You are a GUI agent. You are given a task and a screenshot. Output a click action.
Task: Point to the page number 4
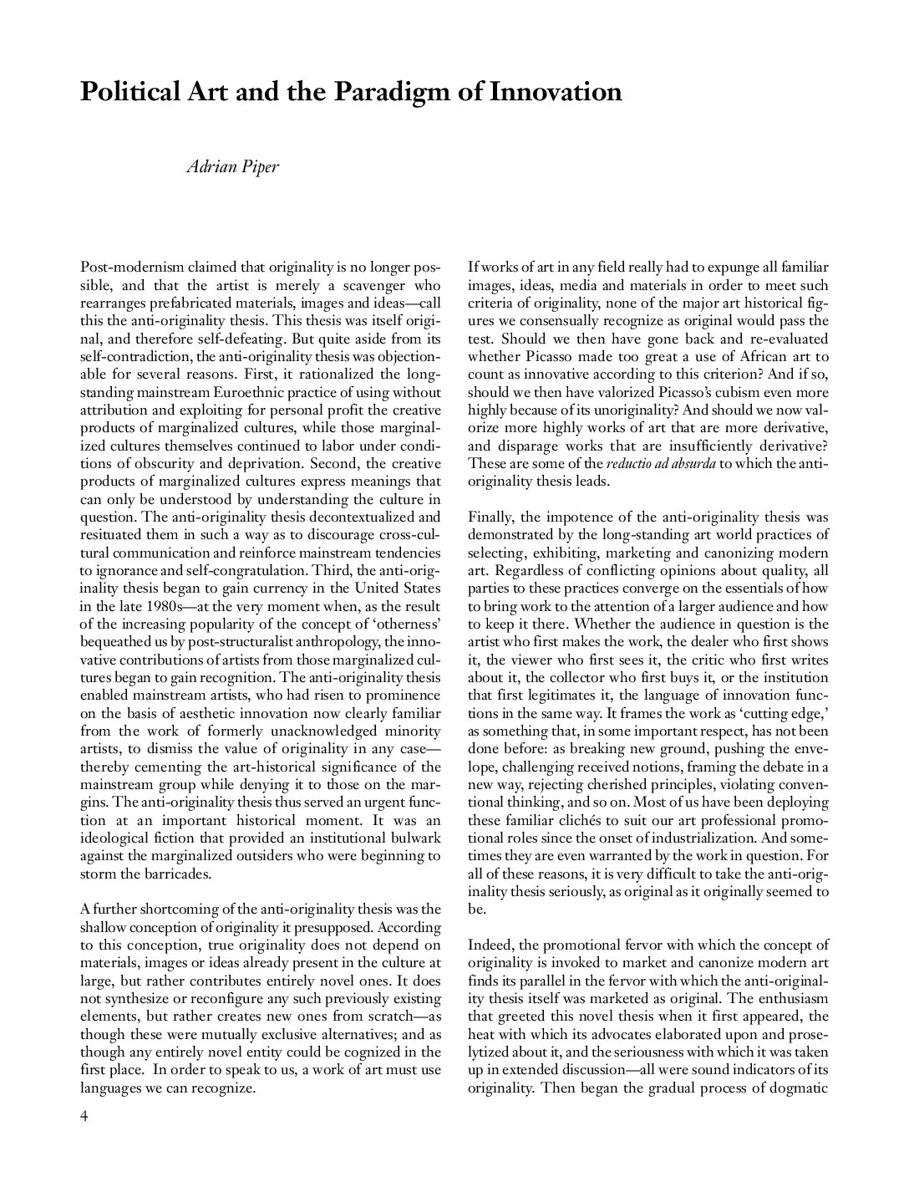click(x=84, y=1118)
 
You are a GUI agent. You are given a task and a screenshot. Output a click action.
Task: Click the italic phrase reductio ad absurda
click(x=660, y=463)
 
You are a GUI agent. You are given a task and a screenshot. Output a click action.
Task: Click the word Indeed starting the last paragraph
click(x=490, y=945)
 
